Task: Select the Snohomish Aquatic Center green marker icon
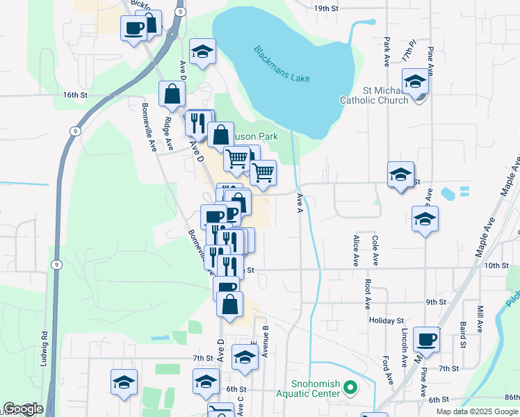[350, 387]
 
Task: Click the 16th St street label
[74, 95]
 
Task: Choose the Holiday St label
[382, 320]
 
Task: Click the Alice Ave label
[356, 251]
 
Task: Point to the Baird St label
[463, 334]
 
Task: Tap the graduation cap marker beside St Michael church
[415, 81]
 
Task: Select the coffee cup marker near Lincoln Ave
[426, 339]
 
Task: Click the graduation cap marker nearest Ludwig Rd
[124, 382]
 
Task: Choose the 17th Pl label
[409, 52]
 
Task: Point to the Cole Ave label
[375, 251]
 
